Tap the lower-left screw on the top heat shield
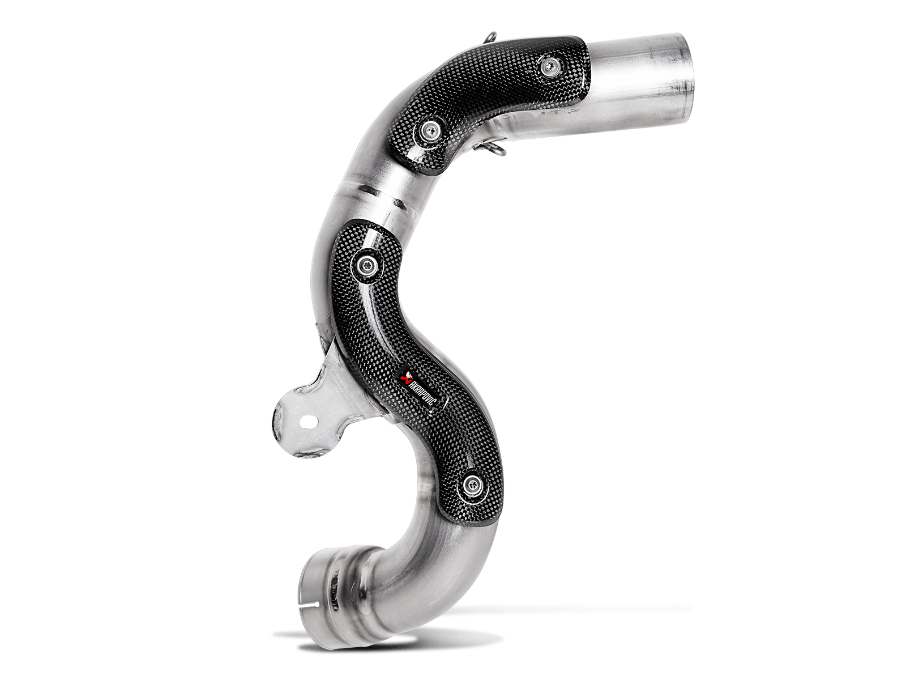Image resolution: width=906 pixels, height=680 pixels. [x=428, y=130]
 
